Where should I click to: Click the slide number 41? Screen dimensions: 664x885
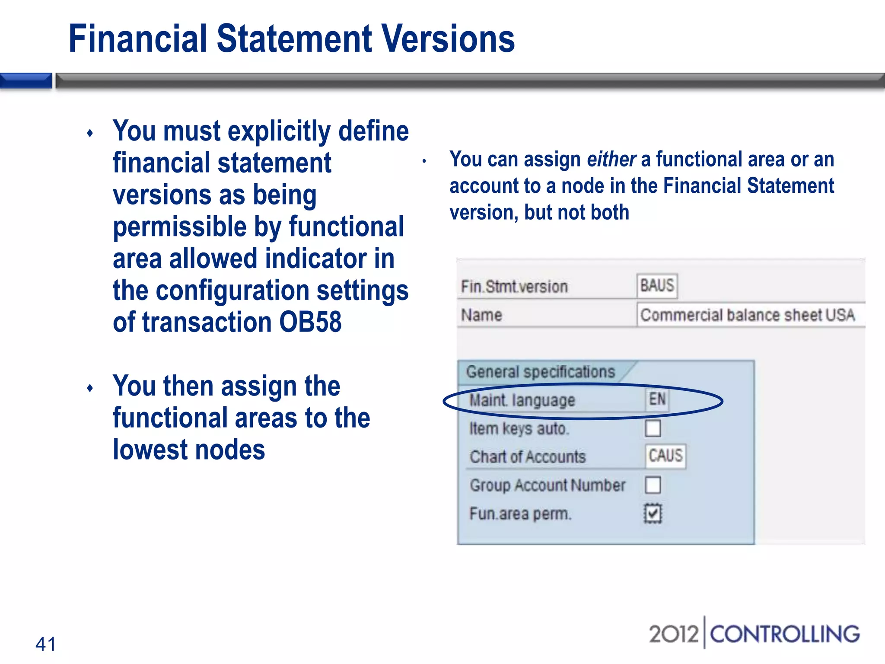click(x=45, y=644)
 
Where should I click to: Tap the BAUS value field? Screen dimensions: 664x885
click(x=657, y=286)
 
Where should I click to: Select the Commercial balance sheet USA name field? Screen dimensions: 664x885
click(x=748, y=315)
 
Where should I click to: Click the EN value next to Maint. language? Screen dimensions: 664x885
click(x=657, y=399)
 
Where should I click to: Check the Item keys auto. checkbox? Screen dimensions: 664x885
click(x=653, y=428)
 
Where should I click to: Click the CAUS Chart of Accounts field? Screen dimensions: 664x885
click(x=665, y=456)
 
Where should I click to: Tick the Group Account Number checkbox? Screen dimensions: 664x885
click(x=653, y=485)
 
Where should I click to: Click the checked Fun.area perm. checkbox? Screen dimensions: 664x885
click(x=653, y=514)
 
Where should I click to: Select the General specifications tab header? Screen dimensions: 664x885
click(x=540, y=372)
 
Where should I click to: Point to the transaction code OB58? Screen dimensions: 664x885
click(x=310, y=322)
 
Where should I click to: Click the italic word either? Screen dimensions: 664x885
click(x=611, y=159)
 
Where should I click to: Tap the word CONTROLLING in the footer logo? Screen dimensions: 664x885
click(x=785, y=634)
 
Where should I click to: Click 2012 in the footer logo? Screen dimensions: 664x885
click(x=673, y=634)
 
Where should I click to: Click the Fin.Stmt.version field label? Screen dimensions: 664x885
click(x=514, y=287)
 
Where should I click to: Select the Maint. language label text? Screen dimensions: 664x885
click(x=522, y=400)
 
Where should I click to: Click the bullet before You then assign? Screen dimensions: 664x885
click(x=90, y=388)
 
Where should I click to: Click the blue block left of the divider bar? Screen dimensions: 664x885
click(x=26, y=81)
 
